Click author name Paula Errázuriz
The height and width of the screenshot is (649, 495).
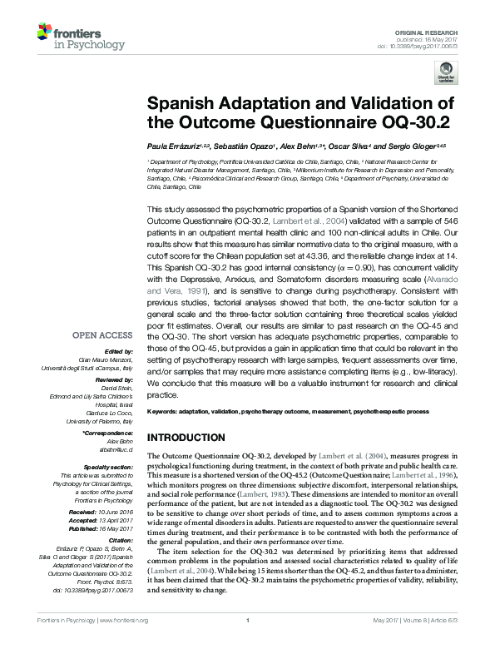176,146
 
